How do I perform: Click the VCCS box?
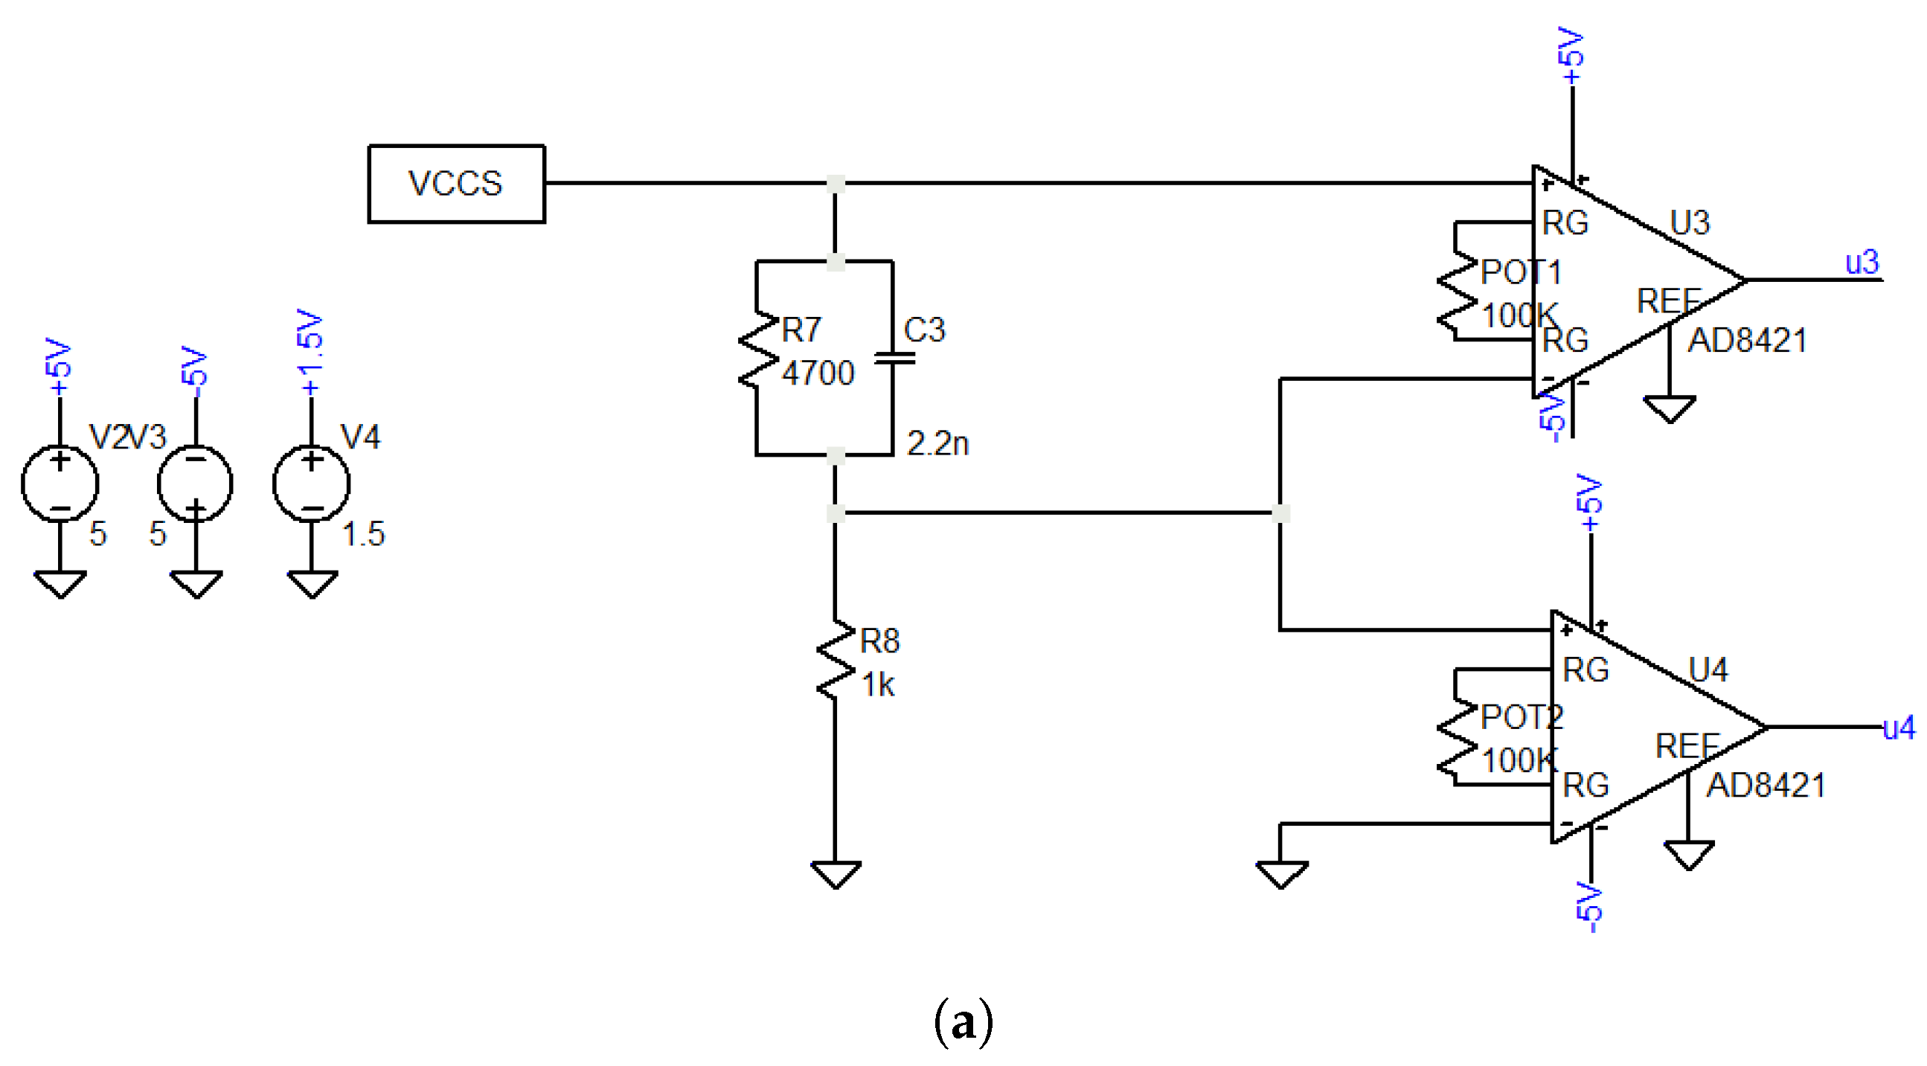(x=455, y=183)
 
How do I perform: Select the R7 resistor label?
(x=801, y=330)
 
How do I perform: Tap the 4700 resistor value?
(x=818, y=373)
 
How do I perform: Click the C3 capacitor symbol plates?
(x=893, y=359)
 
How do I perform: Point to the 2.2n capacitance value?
(x=937, y=443)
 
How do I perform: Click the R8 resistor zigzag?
(x=836, y=660)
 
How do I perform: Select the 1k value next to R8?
(x=877, y=684)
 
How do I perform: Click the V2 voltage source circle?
(x=60, y=484)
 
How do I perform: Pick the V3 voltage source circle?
(x=195, y=484)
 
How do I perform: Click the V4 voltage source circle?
(x=311, y=484)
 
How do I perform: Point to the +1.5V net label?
(x=310, y=352)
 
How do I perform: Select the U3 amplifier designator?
(x=1690, y=223)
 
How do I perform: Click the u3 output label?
(x=1862, y=263)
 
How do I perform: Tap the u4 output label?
(x=1899, y=727)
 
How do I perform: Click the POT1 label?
(x=1521, y=272)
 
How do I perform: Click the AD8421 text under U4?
(x=1766, y=786)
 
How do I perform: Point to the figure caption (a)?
(x=964, y=1023)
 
